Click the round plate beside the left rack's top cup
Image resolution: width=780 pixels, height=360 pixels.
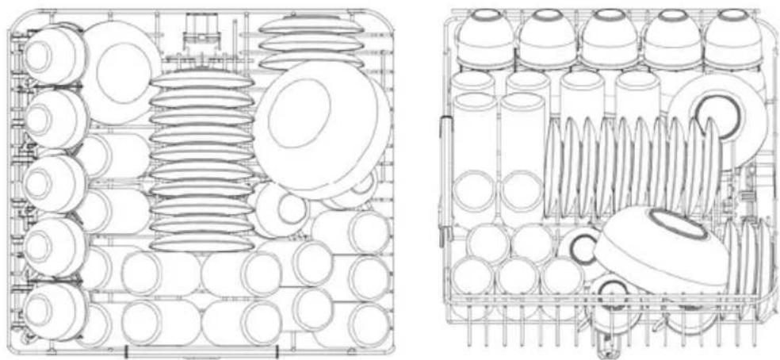point(120,71)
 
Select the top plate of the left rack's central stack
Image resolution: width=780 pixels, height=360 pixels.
point(202,79)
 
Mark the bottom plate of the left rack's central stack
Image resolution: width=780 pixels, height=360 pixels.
point(202,243)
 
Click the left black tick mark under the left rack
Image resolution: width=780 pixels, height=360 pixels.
point(126,350)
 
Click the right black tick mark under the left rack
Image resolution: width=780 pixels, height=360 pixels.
point(277,350)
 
